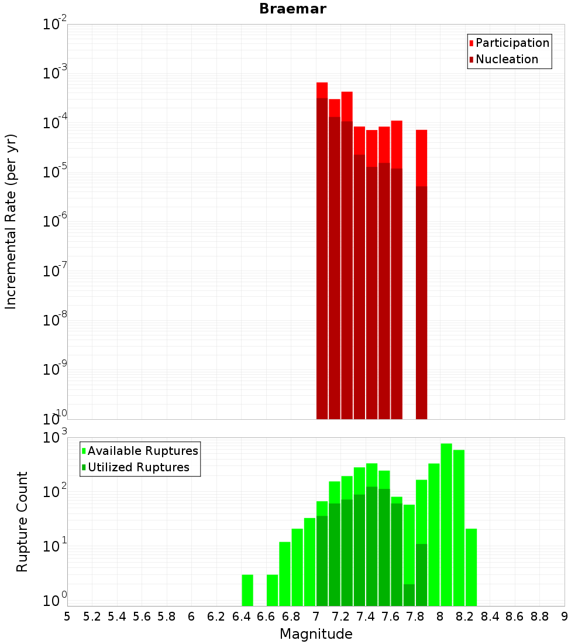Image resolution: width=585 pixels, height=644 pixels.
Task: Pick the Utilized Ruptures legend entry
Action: pyautogui.click(x=138, y=467)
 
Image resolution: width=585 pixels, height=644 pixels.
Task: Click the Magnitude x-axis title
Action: pyautogui.click(x=316, y=634)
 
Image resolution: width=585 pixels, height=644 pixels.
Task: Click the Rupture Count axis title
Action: pyautogui.click(x=22, y=522)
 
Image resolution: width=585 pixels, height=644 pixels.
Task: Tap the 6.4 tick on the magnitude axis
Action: pyautogui.click(x=241, y=616)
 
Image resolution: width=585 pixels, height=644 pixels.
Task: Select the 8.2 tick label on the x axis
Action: pyautogui.click(x=465, y=616)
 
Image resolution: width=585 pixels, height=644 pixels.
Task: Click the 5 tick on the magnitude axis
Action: pyautogui.click(x=67, y=616)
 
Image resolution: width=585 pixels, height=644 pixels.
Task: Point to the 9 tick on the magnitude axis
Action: pyautogui.click(x=565, y=616)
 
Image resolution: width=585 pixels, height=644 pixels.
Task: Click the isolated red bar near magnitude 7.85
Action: pyautogui.click(x=421, y=158)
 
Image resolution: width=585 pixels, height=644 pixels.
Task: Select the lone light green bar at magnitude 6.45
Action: pyautogui.click(x=247, y=590)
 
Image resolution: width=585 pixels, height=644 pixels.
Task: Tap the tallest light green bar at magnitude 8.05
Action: pyautogui.click(x=446, y=524)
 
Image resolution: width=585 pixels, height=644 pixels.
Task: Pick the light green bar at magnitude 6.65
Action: pyautogui.click(x=272, y=590)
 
